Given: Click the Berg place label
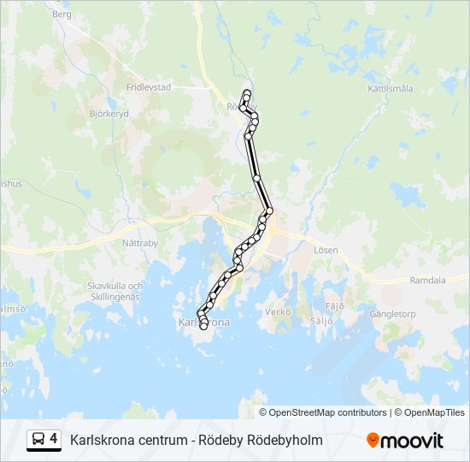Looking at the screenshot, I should pos(62,15).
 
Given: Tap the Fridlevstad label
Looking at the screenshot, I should pos(150,87).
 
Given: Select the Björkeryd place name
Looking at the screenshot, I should pos(109,112).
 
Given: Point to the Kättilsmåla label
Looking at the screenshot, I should pos(391,88).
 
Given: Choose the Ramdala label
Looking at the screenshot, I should pos(427,280).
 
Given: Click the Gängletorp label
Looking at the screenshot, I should pos(391,314).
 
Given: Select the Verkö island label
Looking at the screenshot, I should pos(278,312).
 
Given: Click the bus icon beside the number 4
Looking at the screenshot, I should pos(38,440).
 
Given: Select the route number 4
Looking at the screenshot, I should pos(53,439).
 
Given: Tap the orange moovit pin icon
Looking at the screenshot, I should pos(372,441).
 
